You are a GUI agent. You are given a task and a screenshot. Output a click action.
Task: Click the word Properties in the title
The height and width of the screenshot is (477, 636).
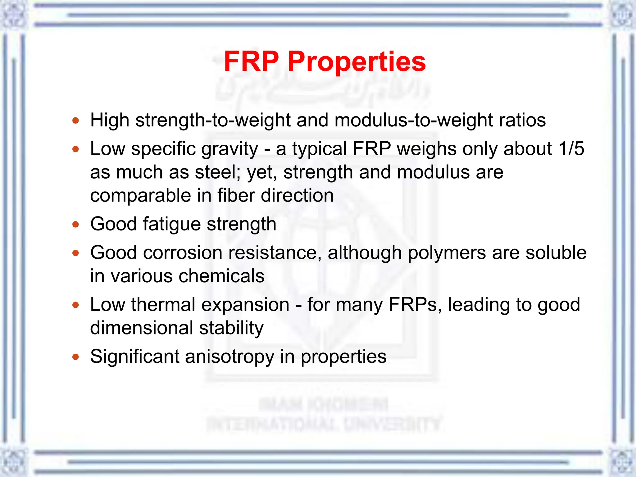357,62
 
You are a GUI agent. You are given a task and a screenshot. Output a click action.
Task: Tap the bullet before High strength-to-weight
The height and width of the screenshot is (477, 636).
75,120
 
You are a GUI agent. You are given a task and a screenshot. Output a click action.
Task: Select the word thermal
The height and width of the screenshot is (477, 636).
163,305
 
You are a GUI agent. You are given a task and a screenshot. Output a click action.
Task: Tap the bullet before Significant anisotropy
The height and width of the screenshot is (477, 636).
75,357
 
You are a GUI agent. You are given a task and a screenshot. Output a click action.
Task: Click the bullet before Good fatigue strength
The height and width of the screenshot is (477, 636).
75,224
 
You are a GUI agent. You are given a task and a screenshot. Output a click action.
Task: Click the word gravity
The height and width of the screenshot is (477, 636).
230,149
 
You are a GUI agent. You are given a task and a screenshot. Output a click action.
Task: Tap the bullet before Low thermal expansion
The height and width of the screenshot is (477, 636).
75,305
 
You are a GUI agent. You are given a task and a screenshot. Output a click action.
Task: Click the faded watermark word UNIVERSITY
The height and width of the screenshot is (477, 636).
393,425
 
